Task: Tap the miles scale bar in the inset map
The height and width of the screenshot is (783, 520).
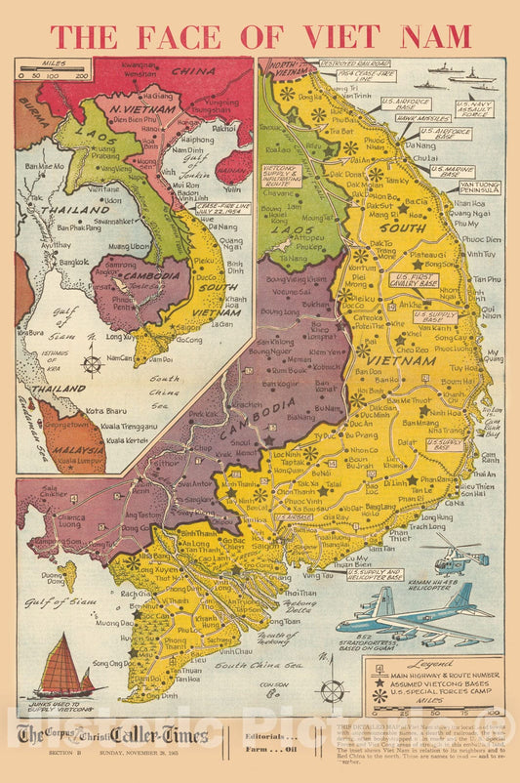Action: click(55, 74)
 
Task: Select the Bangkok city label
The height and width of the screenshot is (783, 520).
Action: click(62, 262)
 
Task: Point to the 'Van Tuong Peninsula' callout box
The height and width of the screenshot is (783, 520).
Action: click(479, 187)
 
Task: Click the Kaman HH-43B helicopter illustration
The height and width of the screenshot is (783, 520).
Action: click(454, 555)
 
